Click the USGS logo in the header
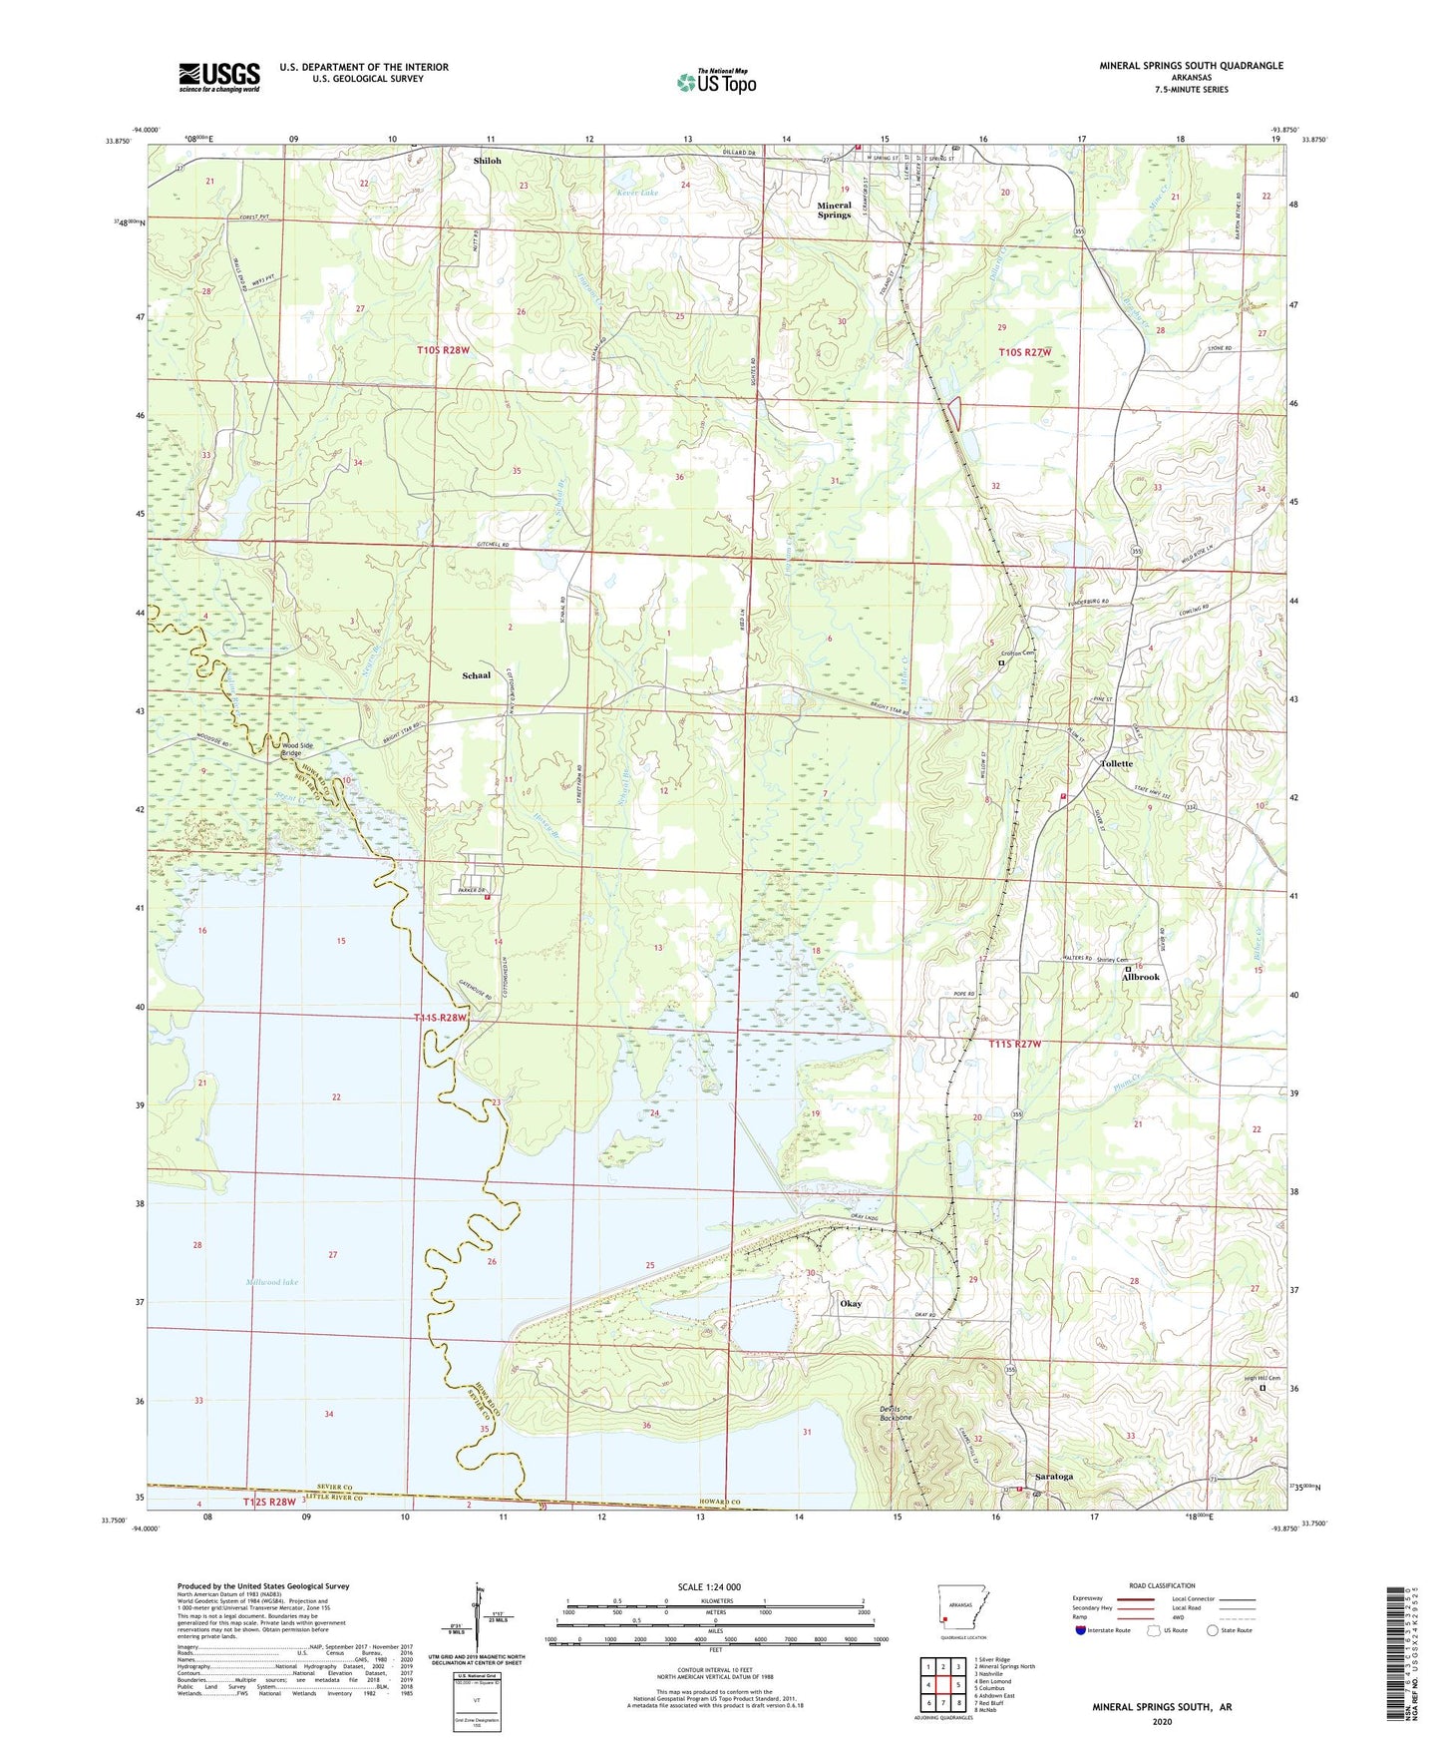(219, 77)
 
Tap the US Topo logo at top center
(716, 82)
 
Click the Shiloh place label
(488, 161)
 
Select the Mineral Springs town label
(835, 210)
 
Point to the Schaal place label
(476, 675)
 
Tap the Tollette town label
(1116, 763)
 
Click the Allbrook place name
(1141, 977)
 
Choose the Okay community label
(851, 1303)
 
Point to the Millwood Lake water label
(270, 1282)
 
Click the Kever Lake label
(637, 193)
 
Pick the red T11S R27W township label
(1014, 1044)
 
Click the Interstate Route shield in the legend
(1081, 1630)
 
